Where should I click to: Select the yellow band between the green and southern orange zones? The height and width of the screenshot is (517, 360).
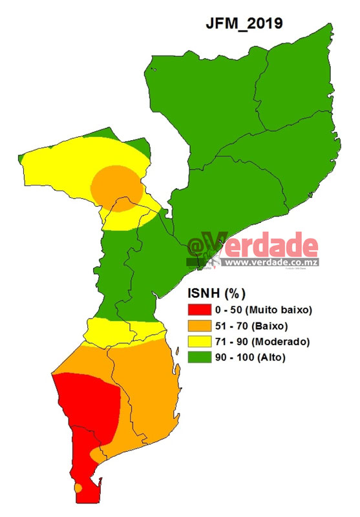point(123,332)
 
